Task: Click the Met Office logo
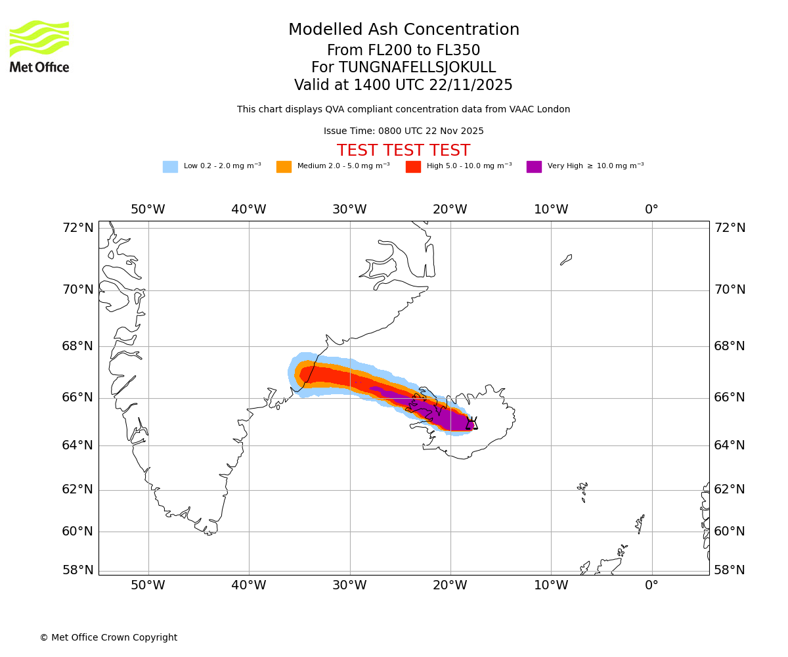pyautogui.click(x=39, y=46)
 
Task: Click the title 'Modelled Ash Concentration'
pyautogui.click(x=404, y=30)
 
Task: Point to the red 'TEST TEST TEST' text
pyautogui.click(x=403, y=151)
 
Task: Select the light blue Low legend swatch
pyautogui.click(x=170, y=167)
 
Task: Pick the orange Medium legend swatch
pyautogui.click(x=284, y=167)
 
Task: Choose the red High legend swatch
pyautogui.click(x=413, y=167)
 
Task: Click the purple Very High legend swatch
pyautogui.click(x=534, y=167)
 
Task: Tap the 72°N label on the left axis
pyautogui.click(x=78, y=228)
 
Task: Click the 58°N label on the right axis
pyautogui.click(x=730, y=570)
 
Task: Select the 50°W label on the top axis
pyautogui.click(x=148, y=210)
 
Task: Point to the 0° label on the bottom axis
pyautogui.click(x=651, y=585)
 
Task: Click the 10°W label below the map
pyautogui.click(x=551, y=585)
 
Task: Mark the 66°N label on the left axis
pyautogui.click(x=78, y=397)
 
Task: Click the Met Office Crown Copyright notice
pyautogui.click(x=108, y=638)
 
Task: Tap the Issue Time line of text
pyautogui.click(x=403, y=131)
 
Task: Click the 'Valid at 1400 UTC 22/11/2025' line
pyautogui.click(x=403, y=85)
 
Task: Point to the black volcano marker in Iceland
pyautogui.click(x=471, y=424)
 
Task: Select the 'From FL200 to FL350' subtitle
pyautogui.click(x=403, y=51)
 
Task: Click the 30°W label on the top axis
pyautogui.click(x=349, y=210)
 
